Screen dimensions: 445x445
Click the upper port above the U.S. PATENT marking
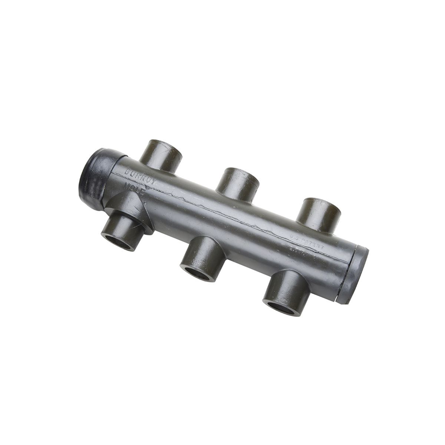319,215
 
